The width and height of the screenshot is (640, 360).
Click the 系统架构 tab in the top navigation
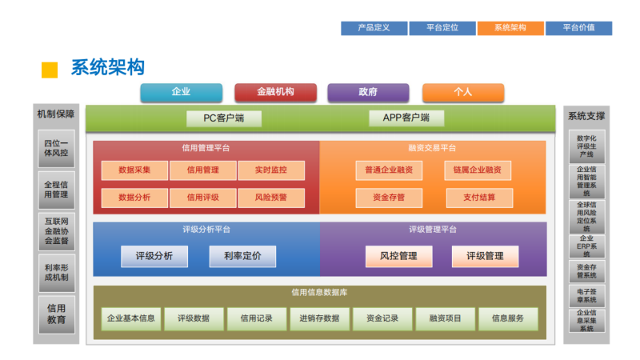[x=510, y=28]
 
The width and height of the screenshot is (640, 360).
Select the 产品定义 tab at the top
[x=374, y=28]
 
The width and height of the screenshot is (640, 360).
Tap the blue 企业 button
[x=181, y=92]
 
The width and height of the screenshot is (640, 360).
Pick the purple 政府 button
[x=368, y=92]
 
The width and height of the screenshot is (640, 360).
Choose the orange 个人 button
[x=462, y=92]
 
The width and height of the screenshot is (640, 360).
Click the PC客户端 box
[x=223, y=118]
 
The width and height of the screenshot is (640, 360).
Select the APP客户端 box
[x=406, y=118]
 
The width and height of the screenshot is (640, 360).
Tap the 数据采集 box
[x=135, y=170]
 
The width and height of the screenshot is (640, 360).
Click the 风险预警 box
[x=270, y=197]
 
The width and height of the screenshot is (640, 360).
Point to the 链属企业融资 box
[x=478, y=170]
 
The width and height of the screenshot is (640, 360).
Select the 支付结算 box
[x=478, y=197]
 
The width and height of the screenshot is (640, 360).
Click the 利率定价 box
[x=242, y=256]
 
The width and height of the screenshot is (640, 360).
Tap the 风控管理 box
[x=398, y=256]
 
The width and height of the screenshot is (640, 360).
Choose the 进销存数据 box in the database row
[x=319, y=318]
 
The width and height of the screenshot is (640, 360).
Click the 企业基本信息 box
[x=131, y=318]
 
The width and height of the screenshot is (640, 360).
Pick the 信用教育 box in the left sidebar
[x=56, y=314]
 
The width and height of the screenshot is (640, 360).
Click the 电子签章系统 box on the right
[x=586, y=296]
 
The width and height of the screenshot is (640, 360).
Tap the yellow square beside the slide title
[x=50, y=69]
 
